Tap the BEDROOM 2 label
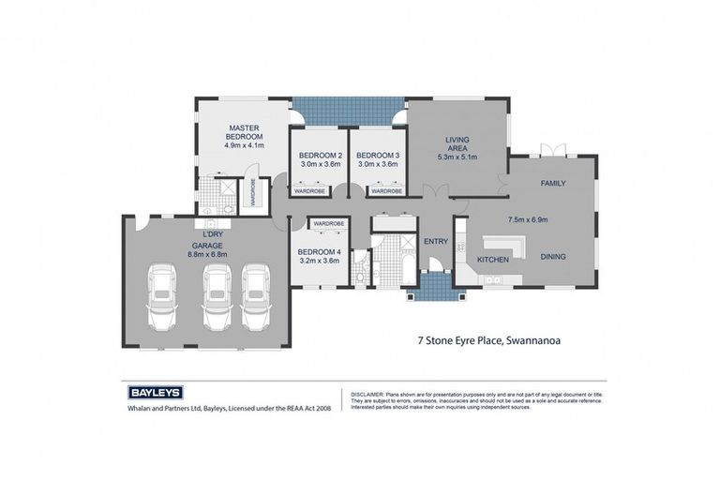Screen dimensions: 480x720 320,155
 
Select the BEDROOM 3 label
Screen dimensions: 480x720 378,155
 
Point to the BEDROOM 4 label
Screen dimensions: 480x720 319,251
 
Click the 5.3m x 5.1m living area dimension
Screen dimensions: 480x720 457,157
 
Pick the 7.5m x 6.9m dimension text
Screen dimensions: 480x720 527,219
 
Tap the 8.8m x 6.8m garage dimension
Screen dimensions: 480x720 207,253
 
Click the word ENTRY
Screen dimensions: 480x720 436,241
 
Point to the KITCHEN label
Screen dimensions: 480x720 493,258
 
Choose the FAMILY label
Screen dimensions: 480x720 553,183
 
